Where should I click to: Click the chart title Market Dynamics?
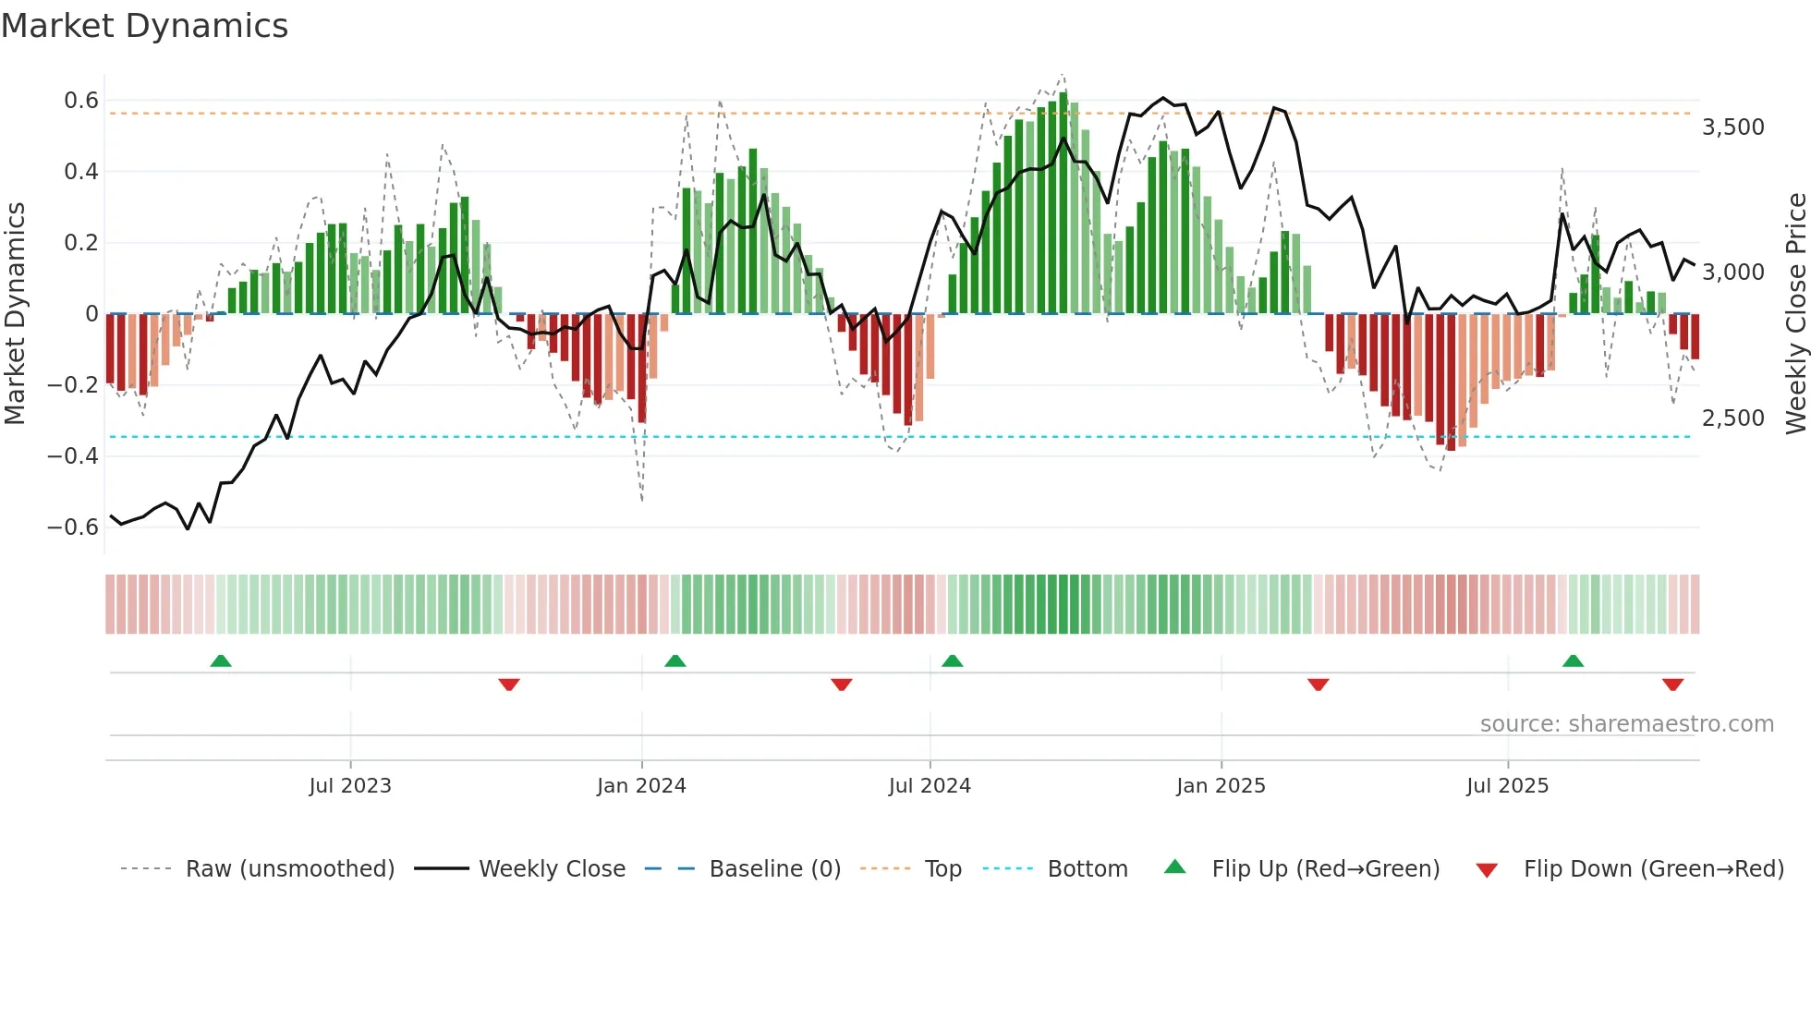[144, 26]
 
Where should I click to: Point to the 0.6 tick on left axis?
[80, 101]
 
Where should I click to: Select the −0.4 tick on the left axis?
[73, 456]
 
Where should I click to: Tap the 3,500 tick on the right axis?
[1732, 127]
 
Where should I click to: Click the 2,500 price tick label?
[1732, 418]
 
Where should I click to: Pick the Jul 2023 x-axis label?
[350, 786]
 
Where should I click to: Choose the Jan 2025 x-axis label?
[1221, 786]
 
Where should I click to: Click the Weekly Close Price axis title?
[1795, 314]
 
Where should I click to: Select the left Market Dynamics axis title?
[15, 314]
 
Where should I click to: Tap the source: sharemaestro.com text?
[1626, 724]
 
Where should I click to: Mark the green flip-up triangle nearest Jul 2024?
[952, 660]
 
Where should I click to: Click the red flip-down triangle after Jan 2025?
[1318, 685]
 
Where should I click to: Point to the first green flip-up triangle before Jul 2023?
[220, 660]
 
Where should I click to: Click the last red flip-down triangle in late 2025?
[1672, 685]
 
